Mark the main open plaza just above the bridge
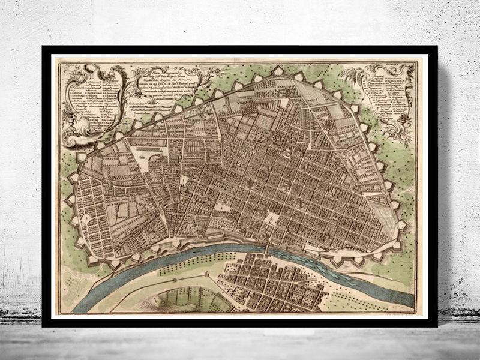pyautogui.click(x=270, y=219)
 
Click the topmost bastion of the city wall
pyautogui.click(x=277, y=70)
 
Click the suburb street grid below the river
pyautogui.click(x=270, y=282)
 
